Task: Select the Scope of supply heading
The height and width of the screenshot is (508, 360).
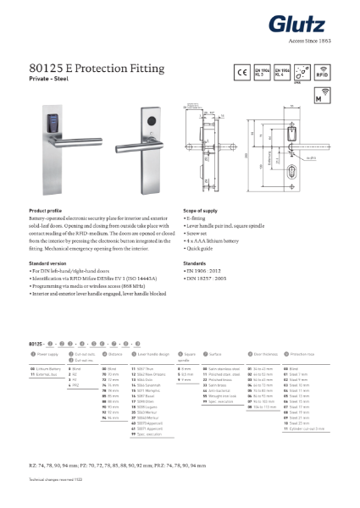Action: [x=202, y=210]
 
